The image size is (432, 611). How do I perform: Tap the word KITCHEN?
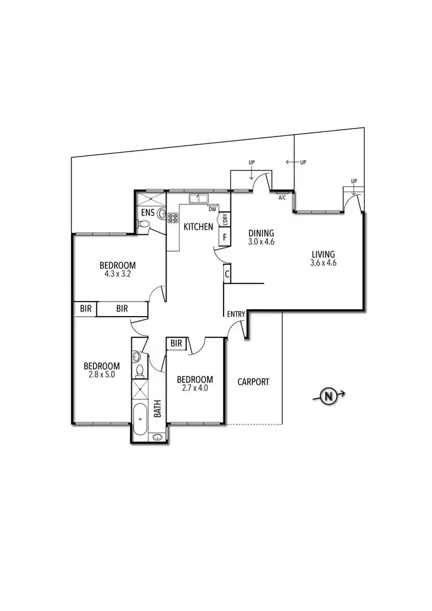[198, 227]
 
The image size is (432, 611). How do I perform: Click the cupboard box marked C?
[228, 275]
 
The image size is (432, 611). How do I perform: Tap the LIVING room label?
[323, 255]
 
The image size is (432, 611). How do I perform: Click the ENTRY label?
[236, 314]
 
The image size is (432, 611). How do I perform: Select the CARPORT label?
[253, 382]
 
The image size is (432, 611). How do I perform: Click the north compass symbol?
[328, 396]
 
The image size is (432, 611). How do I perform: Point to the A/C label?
[282, 198]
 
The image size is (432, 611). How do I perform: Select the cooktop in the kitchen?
[172, 218]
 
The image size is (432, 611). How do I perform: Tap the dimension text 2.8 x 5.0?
[101, 375]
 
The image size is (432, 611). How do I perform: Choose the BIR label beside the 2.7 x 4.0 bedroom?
[176, 344]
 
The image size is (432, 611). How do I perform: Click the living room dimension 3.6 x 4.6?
[323, 264]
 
